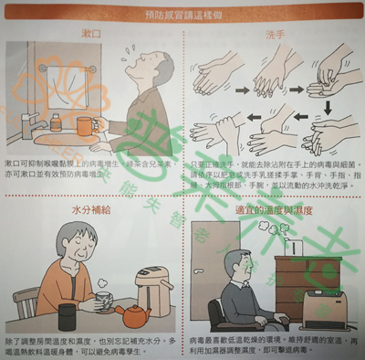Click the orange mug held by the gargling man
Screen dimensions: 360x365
pos(85,124)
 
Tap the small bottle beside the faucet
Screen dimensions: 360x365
pos(56,122)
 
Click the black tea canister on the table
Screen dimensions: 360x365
pos(68,316)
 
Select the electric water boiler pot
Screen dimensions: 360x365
pos(153,291)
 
